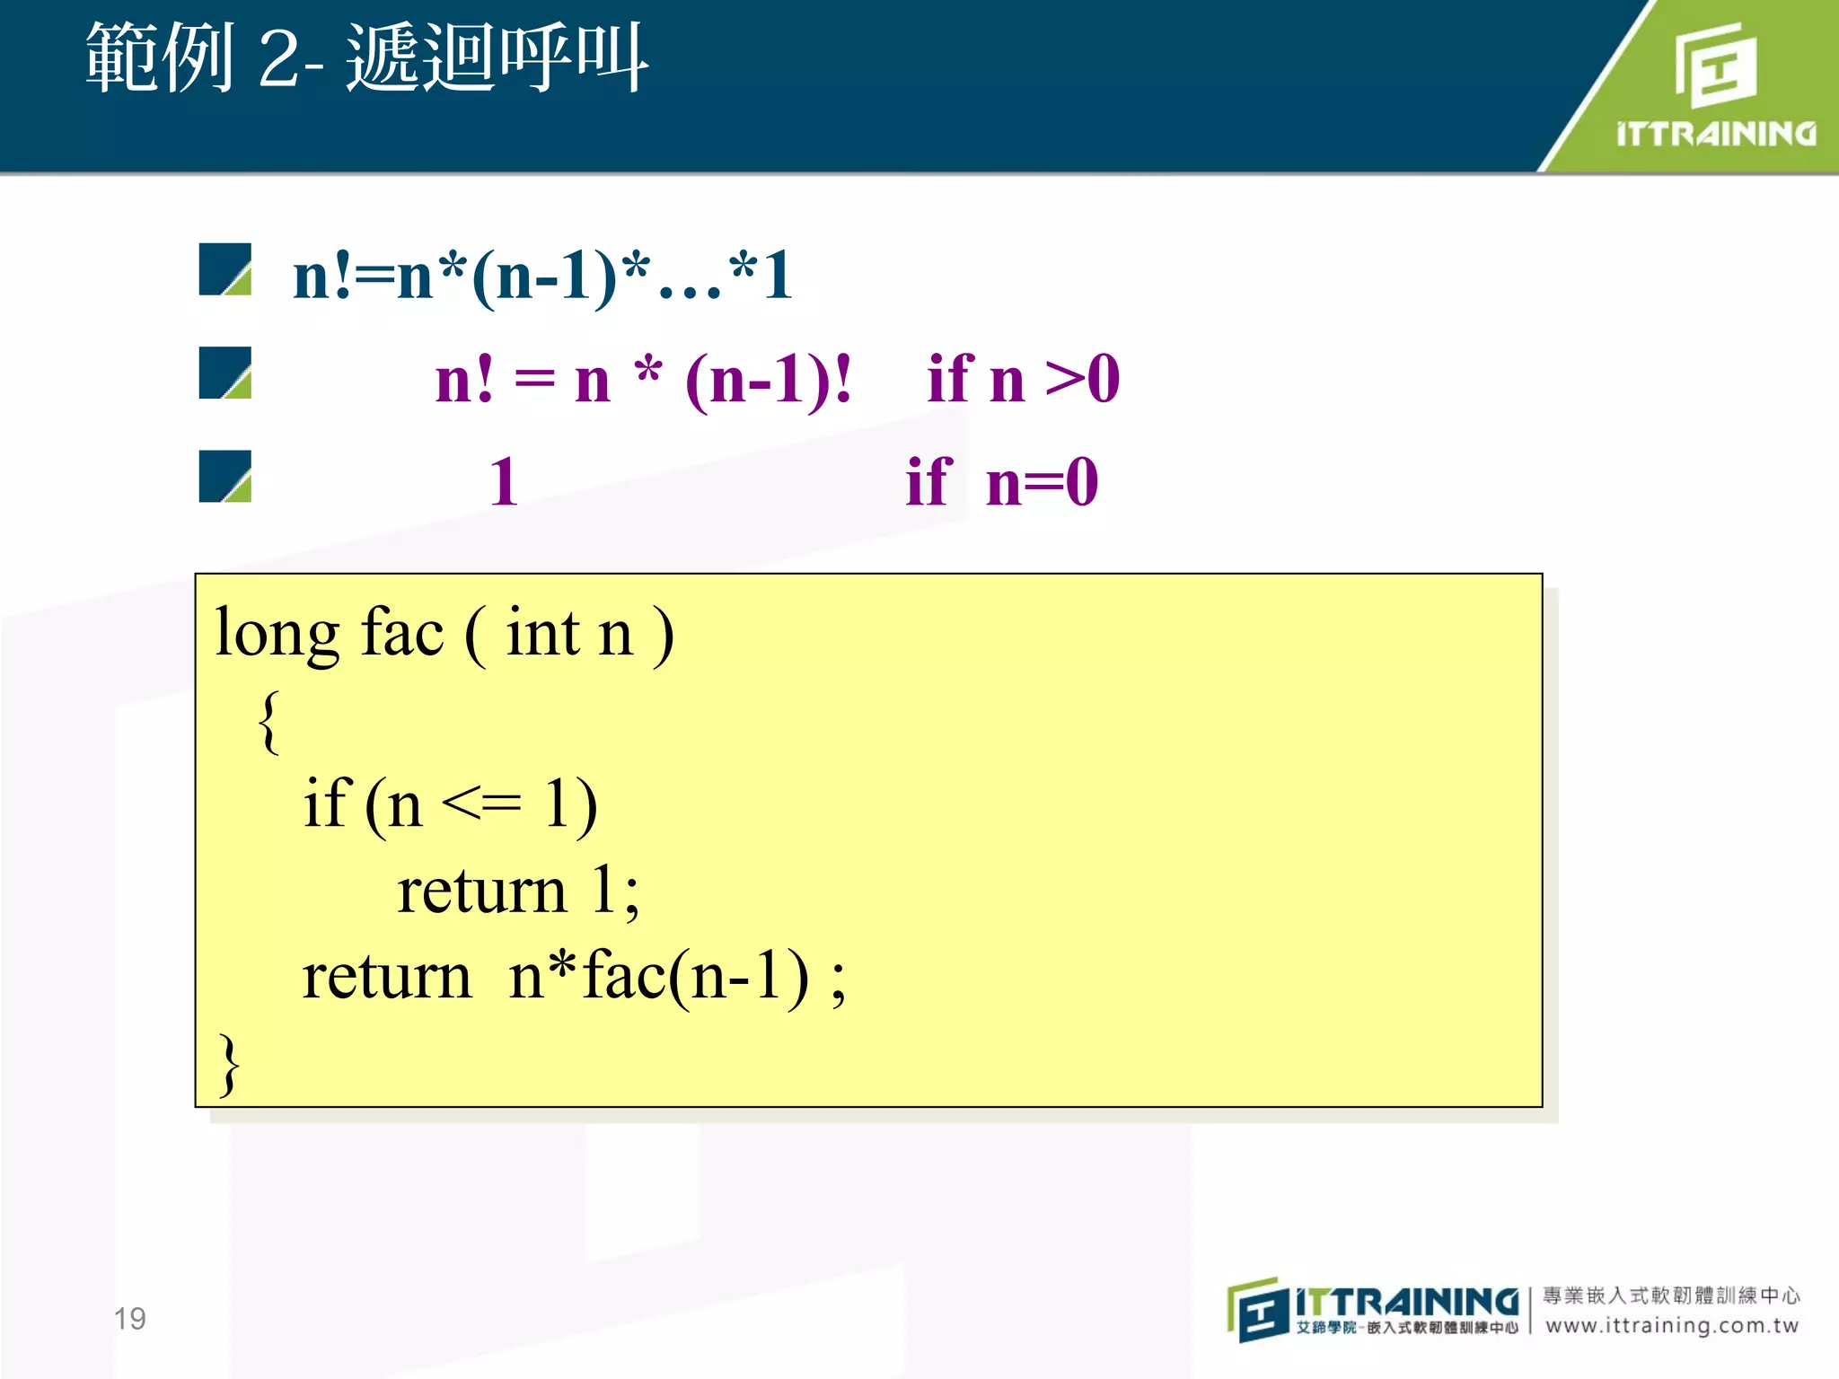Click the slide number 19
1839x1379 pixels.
point(129,1318)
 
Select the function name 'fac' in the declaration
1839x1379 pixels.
point(401,634)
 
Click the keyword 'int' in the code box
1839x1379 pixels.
point(542,634)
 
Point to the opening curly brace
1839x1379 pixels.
point(268,721)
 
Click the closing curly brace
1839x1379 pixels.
point(230,1064)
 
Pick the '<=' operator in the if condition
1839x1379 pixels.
point(481,803)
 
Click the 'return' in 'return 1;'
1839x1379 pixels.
point(481,892)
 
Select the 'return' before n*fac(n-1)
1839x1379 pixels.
point(386,977)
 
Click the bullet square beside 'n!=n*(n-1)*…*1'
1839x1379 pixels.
point(224,269)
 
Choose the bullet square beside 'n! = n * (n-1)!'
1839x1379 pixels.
point(224,373)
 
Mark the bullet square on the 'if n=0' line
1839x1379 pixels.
point(224,476)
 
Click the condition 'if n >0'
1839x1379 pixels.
point(1023,379)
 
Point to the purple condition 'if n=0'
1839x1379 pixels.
point(1001,482)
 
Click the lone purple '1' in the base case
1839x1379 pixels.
point(504,482)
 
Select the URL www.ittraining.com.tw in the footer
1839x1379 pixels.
point(1672,1325)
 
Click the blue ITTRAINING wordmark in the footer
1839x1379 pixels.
point(1406,1302)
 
